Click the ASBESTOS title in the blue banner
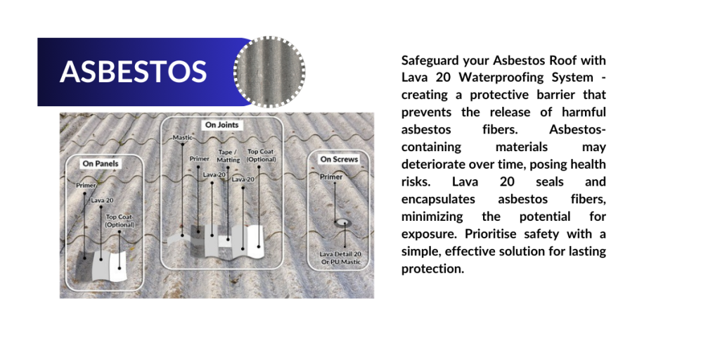point(133,72)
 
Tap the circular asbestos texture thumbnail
point(269,72)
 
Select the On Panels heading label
point(101,163)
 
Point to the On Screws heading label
point(339,160)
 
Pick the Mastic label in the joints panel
point(182,137)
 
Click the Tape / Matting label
point(229,156)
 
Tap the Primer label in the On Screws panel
point(331,176)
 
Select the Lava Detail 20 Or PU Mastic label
point(341,258)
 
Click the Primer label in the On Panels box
point(86,186)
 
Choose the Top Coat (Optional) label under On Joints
point(262,155)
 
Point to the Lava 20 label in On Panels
point(102,200)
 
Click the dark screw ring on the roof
point(342,223)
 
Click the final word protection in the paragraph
point(432,269)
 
